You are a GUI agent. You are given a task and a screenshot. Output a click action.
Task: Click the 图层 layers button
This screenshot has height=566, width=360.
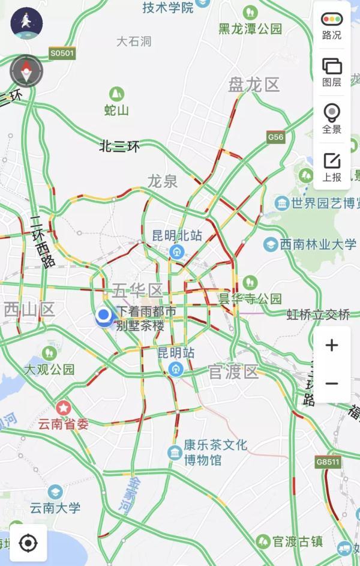[x=331, y=71]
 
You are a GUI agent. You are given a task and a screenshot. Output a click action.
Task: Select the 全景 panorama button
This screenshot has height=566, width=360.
[x=331, y=118]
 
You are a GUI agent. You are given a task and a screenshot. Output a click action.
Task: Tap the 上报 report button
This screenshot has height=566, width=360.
[x=331, y=166]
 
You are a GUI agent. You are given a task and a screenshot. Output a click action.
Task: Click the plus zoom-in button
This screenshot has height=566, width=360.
[x=331, y=345]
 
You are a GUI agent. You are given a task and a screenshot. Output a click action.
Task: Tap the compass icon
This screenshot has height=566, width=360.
[x=26, y=71]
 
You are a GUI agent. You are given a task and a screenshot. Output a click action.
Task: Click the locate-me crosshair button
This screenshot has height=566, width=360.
[x=27, y=543]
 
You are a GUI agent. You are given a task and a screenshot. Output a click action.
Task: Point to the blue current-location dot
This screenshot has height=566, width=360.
[x=104, y=315]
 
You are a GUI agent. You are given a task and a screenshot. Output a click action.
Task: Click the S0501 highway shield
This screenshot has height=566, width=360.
[x=62, y=54]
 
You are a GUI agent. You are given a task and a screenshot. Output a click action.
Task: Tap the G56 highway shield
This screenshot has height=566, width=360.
[x=275, y=137]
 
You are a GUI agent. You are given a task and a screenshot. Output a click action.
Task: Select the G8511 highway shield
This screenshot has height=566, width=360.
[x=328, y=462]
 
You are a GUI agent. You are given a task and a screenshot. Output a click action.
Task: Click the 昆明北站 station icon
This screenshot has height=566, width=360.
[x=176, y=251]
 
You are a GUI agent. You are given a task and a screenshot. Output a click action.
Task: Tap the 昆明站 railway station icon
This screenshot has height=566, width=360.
[x=176, y=368]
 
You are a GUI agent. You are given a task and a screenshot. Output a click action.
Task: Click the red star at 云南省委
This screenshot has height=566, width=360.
[x=63, y=408]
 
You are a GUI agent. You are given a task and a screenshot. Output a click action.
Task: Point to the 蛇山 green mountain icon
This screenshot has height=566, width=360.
[x=116, y=94]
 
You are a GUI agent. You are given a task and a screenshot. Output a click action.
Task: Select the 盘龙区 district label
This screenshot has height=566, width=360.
[x=254, y=85]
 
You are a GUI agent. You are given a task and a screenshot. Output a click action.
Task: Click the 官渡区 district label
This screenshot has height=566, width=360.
[x=233, y=372]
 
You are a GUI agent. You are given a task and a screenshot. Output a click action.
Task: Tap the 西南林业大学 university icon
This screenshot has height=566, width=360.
[x=271, y=244]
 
